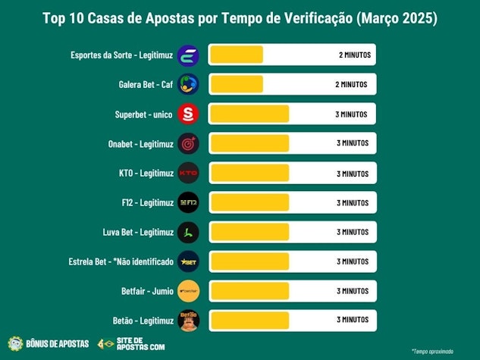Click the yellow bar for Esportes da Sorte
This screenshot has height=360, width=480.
tap(236, 55)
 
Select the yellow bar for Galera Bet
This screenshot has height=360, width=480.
tap(236, 84)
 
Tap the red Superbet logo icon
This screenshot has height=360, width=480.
tap(188, 114)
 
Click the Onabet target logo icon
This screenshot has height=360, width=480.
tap(188, 143)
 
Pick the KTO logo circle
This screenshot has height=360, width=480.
tap(188, 173)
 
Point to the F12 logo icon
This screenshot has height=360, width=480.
tap(188, 202)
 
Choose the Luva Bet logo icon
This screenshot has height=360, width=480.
tap(188, 232)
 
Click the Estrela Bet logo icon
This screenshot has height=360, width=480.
tap(188, 261)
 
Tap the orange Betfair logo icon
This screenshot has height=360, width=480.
tap(188, 290)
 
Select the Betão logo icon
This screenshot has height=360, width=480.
tap(188, 320)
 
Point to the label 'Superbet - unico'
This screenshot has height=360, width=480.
tap(142, 114)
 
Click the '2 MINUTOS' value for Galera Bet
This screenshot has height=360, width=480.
tap(350, 85)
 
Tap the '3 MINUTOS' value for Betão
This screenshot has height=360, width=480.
tap(351, 320)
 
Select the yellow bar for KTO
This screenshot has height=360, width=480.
tap(249, 173)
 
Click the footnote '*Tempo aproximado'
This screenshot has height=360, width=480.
tap(432, 351)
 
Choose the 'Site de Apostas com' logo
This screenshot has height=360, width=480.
tap(126, 343)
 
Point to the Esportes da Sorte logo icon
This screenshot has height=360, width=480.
tap(188, 55)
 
